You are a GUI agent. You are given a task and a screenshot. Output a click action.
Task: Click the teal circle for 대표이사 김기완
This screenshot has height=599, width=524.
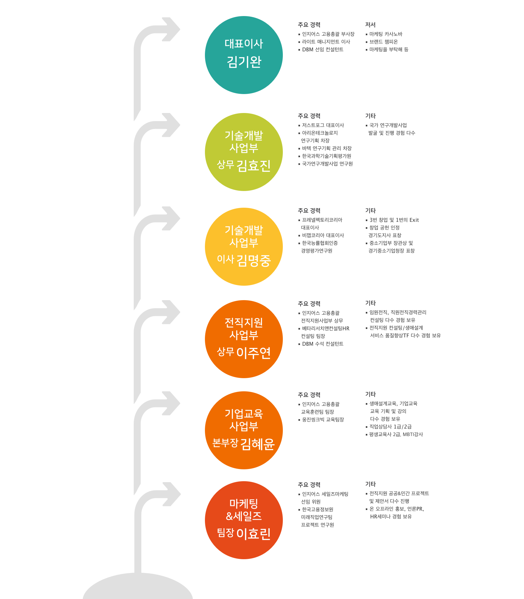244,55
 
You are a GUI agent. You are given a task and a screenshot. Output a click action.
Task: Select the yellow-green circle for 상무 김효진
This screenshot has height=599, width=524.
244,152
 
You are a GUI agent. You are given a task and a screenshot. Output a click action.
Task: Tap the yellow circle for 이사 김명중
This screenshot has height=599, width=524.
244,247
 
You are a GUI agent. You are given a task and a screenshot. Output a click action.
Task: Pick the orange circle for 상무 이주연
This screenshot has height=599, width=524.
244,339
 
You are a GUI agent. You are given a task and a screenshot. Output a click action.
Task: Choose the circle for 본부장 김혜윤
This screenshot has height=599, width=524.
244,430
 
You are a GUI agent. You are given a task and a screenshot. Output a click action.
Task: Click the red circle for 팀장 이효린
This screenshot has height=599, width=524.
244,520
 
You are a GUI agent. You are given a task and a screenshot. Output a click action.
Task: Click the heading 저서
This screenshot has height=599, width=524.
370,25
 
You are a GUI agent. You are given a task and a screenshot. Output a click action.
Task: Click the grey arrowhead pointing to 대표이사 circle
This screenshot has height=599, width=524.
171,29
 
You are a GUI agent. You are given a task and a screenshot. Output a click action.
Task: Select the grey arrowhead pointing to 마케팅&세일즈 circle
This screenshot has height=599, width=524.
171,494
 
